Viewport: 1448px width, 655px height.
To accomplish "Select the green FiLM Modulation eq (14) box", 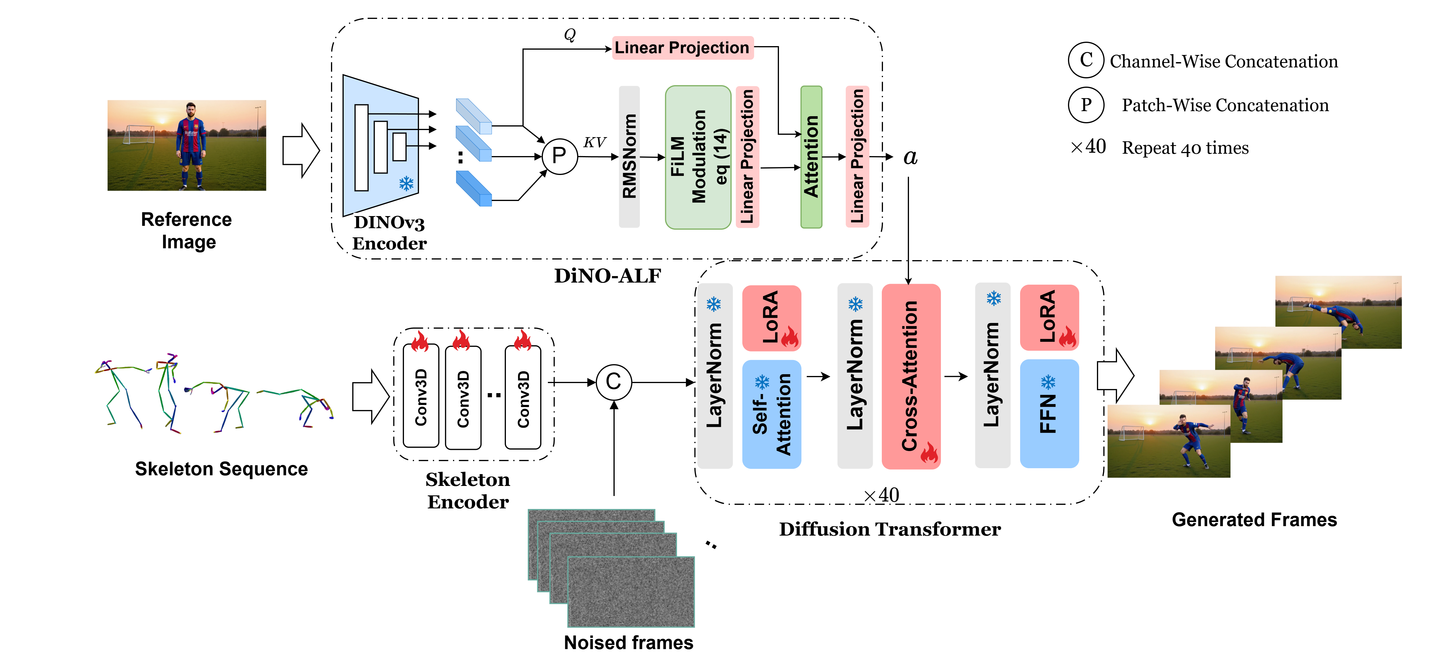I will click(x=698, y=157).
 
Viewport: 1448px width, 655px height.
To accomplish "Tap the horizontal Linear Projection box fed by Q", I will click(x=682, y=48).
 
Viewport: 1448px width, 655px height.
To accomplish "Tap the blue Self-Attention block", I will click(x=771, y=414).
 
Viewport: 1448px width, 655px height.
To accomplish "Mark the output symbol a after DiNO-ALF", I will click(x=910, y=157).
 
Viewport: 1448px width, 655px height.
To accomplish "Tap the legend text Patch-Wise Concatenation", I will click(x=1225, y=105).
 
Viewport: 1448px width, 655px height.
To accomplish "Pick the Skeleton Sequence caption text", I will click(x=221, y=468).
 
